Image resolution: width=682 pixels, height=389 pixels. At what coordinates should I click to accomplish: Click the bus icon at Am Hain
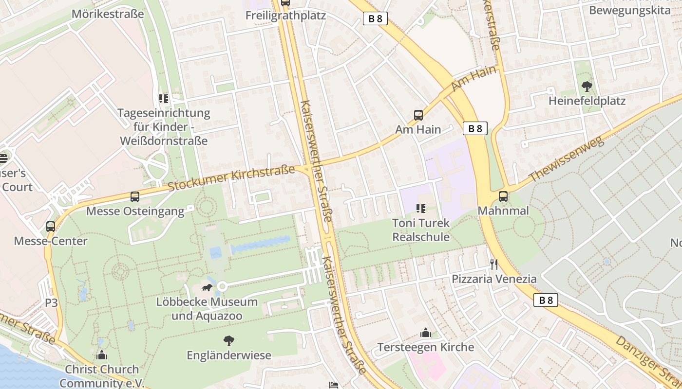[x=418, y=115]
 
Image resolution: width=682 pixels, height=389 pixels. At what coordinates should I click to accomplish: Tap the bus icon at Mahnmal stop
[x=503, y=196]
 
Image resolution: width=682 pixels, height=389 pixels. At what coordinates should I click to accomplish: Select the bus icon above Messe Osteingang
[x=135, y=197]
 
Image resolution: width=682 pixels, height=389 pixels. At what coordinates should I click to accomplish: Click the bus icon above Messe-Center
[x=51, y=227]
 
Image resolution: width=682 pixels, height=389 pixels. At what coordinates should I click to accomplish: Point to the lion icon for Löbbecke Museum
[x=207, y=288]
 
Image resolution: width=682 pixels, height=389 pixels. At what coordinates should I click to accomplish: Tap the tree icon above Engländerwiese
[x=228, y=341]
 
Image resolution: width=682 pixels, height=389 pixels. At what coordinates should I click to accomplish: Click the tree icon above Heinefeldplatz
[x=587, y=87]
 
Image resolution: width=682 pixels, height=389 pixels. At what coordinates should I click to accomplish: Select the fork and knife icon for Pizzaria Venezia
[x=494, y=265]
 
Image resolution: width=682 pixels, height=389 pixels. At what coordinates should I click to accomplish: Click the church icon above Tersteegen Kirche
[x=425, y=333]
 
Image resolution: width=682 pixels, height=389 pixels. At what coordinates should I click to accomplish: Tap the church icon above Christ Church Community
[x=102, y=355]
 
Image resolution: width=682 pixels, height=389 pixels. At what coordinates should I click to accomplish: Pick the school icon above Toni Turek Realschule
[x=421, y=209]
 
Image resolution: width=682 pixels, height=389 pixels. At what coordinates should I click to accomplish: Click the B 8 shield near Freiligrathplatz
[x=375, y=19]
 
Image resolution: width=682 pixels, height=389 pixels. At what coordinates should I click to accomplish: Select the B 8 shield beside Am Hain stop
[x=475, y=128]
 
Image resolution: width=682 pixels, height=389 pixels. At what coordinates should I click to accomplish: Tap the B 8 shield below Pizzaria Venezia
[x=546, y=300]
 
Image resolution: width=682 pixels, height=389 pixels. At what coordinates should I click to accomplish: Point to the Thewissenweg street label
[x=566, y=159]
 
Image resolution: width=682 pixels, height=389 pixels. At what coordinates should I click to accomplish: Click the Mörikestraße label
[x=108, y=14]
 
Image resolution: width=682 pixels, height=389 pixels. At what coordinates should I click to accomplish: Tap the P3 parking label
[x=51, y=303]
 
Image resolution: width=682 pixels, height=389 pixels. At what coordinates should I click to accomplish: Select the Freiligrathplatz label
[x=285, y=16]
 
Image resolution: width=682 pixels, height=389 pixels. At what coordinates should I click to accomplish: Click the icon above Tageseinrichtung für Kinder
[x=164, y=99]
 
